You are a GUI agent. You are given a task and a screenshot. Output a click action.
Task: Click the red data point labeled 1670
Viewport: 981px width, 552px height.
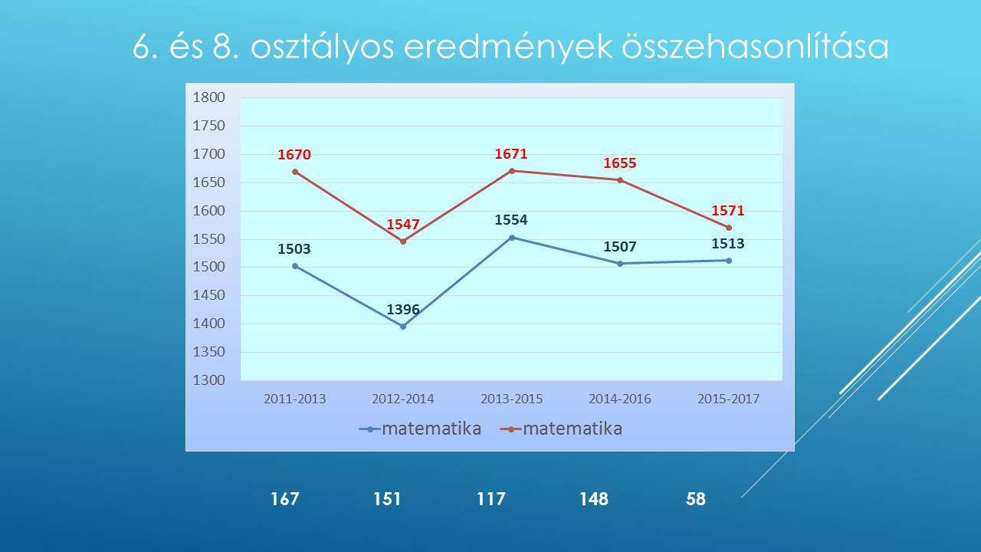coord(295,172)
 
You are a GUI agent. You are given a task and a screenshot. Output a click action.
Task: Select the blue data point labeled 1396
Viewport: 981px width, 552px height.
coord(403,327)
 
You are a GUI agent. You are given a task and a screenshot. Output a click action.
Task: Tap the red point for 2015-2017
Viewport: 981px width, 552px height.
coord(728,228)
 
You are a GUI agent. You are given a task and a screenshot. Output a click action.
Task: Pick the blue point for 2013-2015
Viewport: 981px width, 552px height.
coord(511,238)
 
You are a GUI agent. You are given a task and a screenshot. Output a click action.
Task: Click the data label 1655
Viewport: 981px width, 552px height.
coord(620,163)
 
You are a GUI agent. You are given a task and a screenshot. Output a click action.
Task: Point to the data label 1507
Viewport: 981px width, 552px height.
coord(620,247)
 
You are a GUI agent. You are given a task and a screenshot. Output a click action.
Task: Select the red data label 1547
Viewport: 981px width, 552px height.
coord(403,225)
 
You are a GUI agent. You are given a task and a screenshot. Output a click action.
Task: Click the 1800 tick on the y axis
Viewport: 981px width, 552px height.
coord(209,97)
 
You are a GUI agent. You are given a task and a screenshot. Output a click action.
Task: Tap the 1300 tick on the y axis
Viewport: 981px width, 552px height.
coord(209,379)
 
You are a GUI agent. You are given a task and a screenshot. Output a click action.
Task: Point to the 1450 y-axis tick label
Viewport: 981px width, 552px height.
coord(209,295)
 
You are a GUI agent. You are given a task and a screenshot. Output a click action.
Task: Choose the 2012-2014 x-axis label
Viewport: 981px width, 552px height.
coord(403,399)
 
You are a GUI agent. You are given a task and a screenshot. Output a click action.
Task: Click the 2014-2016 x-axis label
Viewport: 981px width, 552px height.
coord(620,399)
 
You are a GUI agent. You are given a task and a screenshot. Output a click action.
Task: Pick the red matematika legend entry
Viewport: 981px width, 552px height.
coord(561,429)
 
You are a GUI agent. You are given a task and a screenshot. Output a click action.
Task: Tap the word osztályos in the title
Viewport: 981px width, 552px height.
coord(322,48)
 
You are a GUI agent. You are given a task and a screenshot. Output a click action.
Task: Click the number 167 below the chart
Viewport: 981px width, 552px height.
coord(284,499)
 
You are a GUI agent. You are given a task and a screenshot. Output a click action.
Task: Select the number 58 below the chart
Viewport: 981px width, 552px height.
coord(696,499)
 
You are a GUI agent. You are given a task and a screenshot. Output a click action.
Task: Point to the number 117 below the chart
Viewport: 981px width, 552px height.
coord(491,499)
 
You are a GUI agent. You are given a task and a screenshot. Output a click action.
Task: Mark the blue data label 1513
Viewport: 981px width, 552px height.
coord(728,244)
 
